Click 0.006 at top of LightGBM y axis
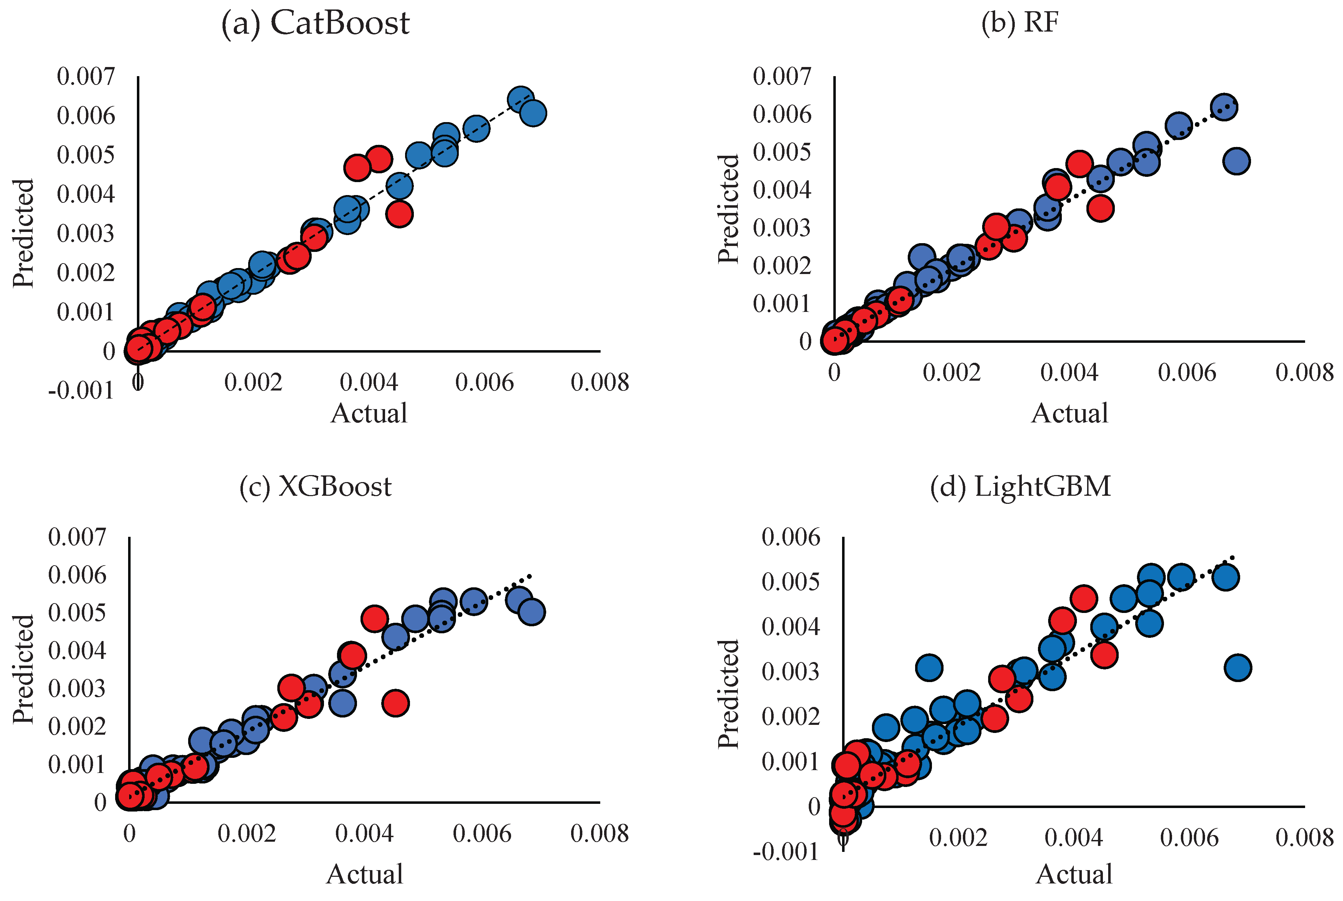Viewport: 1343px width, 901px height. (x=790, y=537)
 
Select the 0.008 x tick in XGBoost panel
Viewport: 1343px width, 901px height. (x=599, y=834)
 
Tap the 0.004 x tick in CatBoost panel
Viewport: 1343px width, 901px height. (x=369, y=382)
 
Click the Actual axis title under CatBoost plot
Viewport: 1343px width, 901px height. (x=369, y=414)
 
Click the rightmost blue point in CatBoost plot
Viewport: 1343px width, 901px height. (x=532, y=113)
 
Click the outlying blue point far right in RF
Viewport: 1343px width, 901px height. (x=1236, y=161)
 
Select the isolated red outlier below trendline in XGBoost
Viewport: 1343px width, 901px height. (x=395, y=703)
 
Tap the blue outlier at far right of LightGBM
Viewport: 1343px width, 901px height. (x=1238, y=668)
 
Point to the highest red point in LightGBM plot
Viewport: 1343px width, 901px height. (x=1084, y=598)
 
